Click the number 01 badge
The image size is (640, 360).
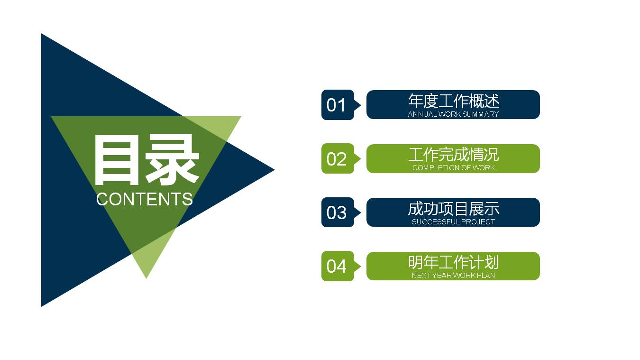(x=337, y=105)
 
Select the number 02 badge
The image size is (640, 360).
(x=337, y=158)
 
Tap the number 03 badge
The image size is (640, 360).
(x=337, y=212)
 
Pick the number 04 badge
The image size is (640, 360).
(x=337, y=266)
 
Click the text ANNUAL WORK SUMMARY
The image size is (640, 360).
(x=453, y=114)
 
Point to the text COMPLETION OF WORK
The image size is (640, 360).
(x=453, y=168)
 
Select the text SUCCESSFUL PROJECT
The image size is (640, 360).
(x=453, y=222)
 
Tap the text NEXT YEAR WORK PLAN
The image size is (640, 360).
(x=453, y=276)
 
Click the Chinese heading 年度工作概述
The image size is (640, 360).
(x=453, y=101)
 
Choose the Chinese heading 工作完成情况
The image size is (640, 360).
(x=453, y=155)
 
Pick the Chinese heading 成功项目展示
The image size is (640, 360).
(x=453, y=209)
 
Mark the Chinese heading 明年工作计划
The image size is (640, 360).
(x=453, y=262)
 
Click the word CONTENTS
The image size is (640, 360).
(x=145, y=199)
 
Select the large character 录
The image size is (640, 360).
(x=172, y=160)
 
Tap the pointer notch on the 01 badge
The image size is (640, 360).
(x=358, y=105)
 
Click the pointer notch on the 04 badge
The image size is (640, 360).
(x=358, y=266)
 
